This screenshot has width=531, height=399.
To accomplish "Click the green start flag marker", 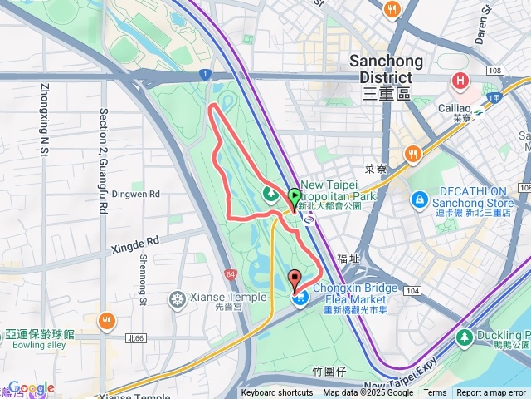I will pos(295,197).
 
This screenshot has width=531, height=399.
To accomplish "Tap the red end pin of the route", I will pos(294,280).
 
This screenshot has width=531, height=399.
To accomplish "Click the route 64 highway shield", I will pos(229,273).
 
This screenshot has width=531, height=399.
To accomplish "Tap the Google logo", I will pos(31,388).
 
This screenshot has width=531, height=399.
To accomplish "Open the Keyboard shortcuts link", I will pos(277,393).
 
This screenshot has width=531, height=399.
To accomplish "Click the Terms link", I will pos(435,393).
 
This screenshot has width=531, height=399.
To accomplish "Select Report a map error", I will pos(491,393).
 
